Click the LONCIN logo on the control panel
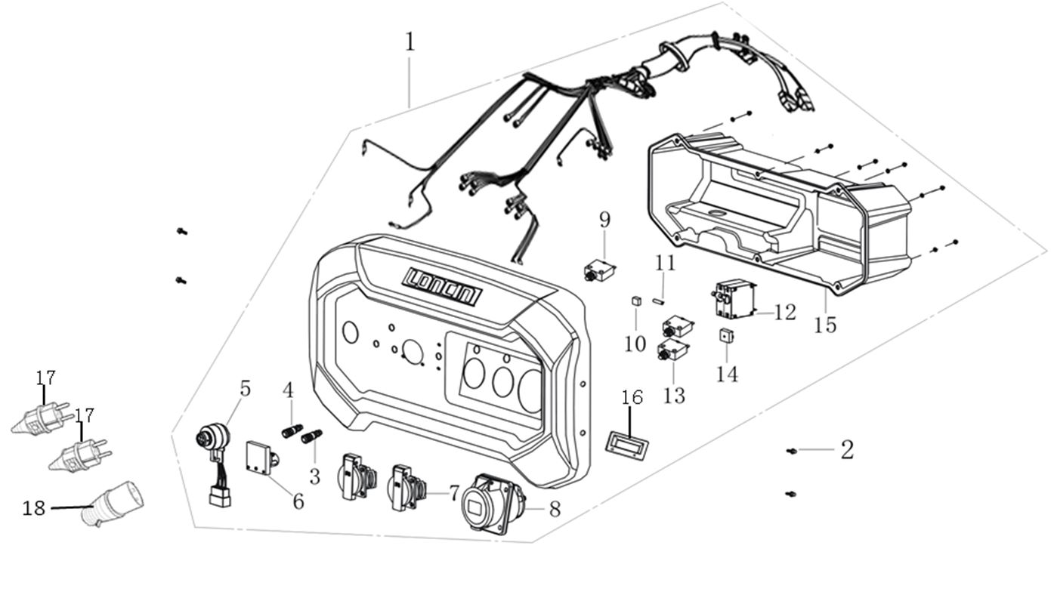442,287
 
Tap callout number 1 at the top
410,42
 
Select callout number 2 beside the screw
847,450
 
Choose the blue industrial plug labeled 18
113,504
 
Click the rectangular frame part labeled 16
629,442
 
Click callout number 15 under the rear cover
825,325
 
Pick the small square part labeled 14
726,335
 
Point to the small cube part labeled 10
636,301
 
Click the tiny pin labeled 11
659,301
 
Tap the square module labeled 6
260,458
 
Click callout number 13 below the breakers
674,394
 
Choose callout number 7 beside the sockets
453,494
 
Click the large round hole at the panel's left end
350,332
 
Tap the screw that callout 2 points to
791,451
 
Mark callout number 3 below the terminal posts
314,476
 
